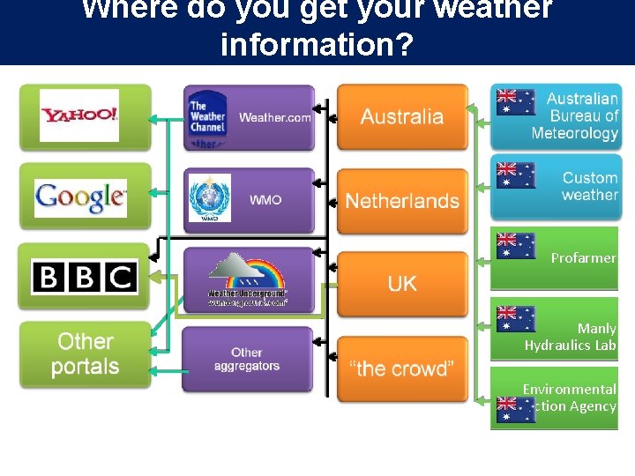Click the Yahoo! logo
click(79, 115)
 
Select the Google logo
click(80, 197)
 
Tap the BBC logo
click(85, 278)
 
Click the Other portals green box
click(85, 353)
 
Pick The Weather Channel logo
click(208, 117)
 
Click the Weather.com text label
click(275, 117)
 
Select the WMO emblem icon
click(210, 197)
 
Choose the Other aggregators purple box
click(247, 359)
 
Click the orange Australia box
click(402, 116)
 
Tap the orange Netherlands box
click(402, 201)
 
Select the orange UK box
click(402, 283)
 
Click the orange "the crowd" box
click(402, 368)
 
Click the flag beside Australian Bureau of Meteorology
click(516, 101)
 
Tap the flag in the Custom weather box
click(516, 175)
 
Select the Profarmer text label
click(583, 258)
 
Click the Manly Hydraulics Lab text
click(571, 337)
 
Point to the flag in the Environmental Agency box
click(516, 410)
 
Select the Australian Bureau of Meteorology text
click(577, 115)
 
